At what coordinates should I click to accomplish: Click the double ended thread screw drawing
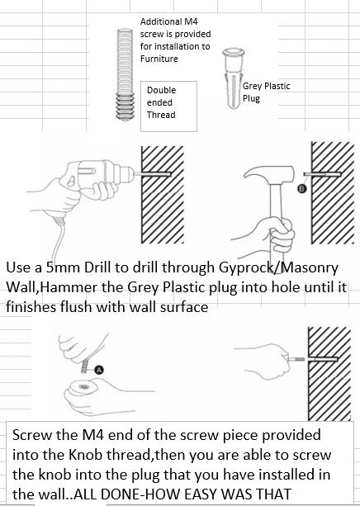125,74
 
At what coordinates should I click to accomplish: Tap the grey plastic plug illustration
233,78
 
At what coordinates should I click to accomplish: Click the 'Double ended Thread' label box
168,106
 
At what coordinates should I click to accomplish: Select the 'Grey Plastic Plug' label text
267,92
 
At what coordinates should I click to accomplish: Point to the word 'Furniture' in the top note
159,59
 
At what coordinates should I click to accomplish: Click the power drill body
100,175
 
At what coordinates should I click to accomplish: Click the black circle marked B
302,189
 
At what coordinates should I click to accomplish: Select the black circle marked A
99,370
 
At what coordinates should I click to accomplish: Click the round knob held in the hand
83,387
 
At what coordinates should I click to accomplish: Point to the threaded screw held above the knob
85,366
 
